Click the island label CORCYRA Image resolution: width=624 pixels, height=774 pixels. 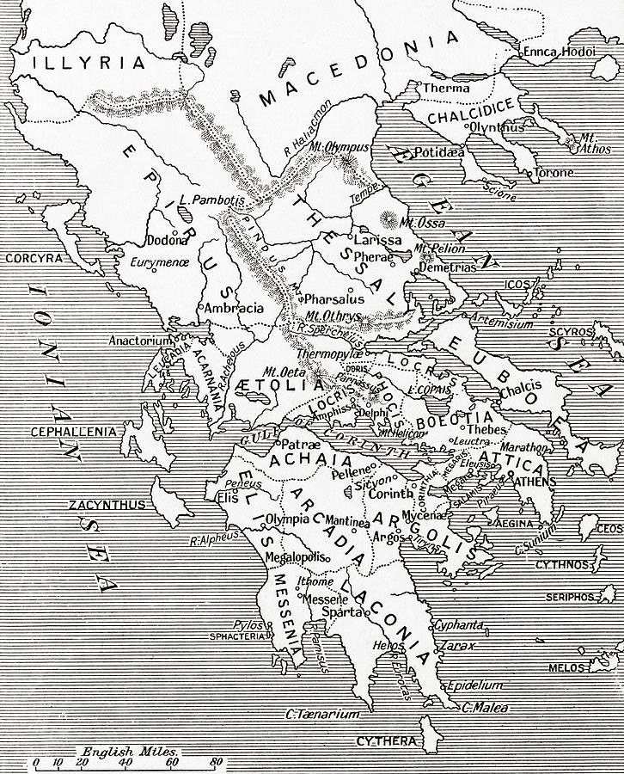pyautogui.click(x=33, y=258)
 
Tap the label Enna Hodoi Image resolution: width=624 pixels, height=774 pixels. pyautogui.click(x=560, y=52)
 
